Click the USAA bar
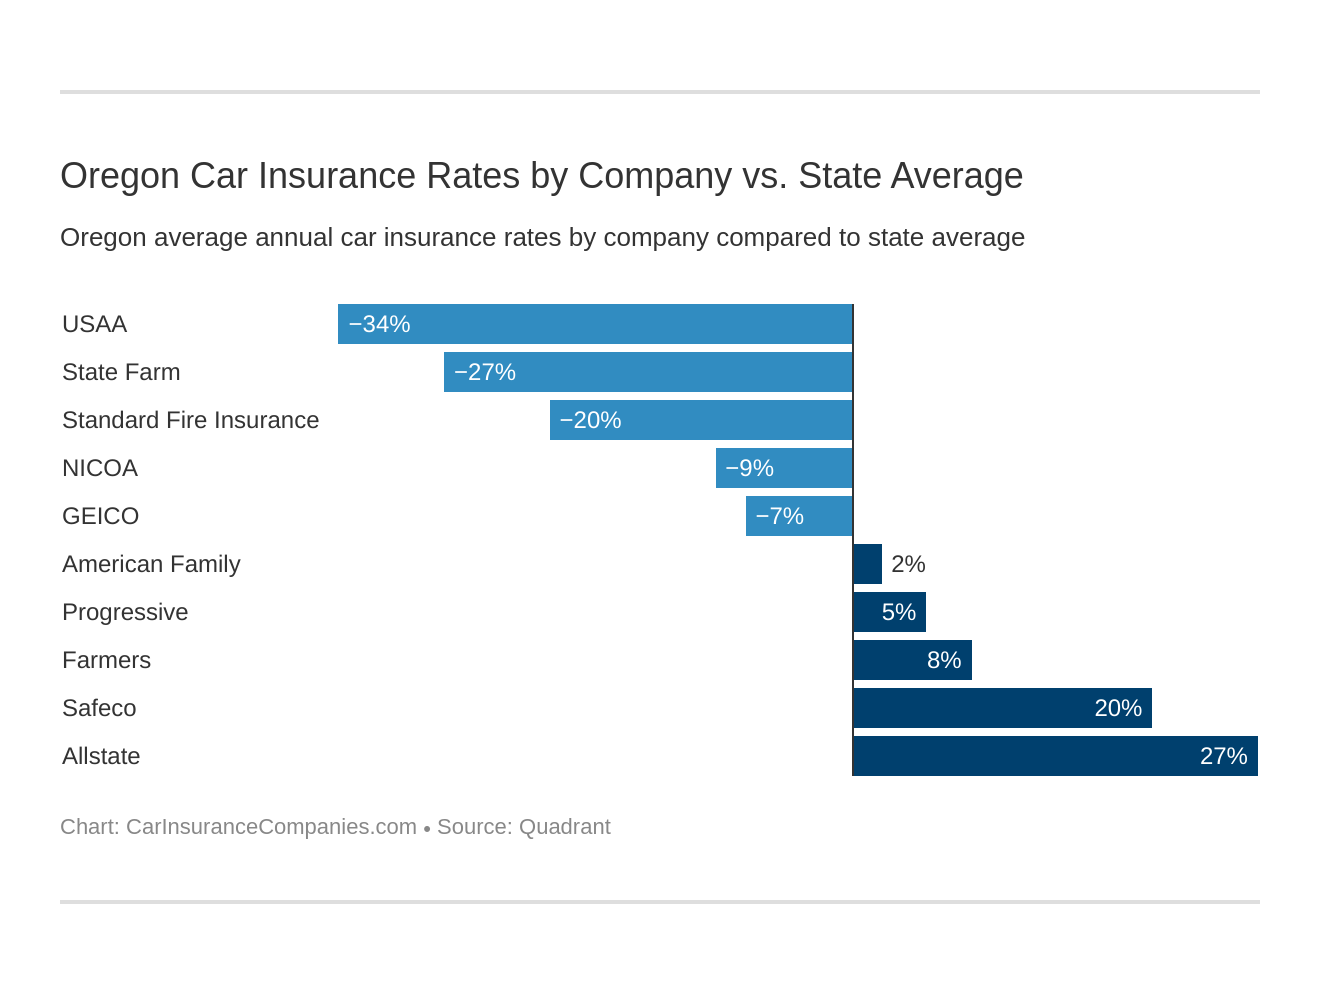pos(595,324)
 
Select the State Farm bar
pos(648,372)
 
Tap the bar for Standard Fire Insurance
pos(701,420)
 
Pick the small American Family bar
pos(867,564)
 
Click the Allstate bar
pos(1055,756)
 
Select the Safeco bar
pos(1002,708)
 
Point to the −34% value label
pos(380,324)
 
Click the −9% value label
pos(750,468)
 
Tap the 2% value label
pos(908,564)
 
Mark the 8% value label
pos(944,660)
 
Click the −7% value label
pos(780,516)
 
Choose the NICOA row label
pos(100,468)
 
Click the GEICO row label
pos(100,516)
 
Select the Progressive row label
pos(125,612)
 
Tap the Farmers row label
pos(106,660)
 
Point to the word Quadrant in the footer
pos(564,827)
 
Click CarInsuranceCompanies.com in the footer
pos(271,827)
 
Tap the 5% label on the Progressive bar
pos(898,612)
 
